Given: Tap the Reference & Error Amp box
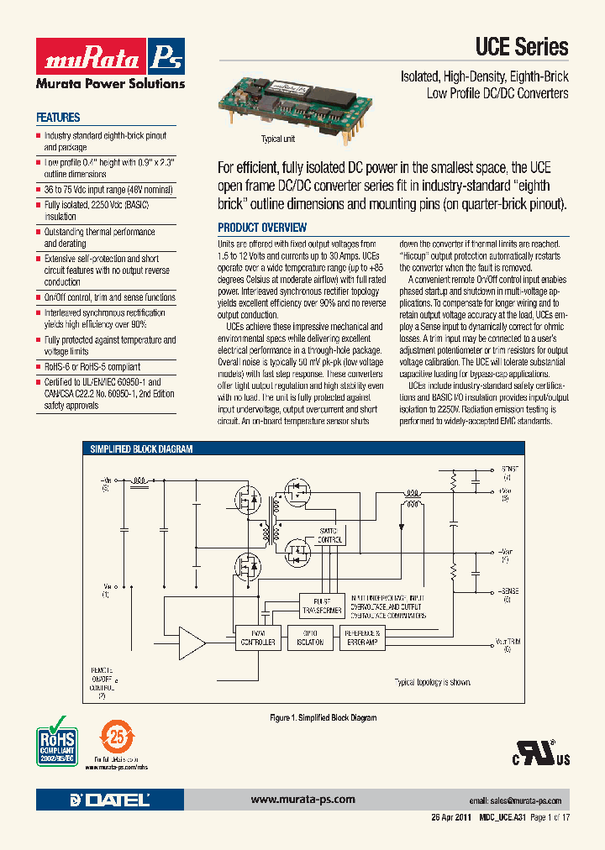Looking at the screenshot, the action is pos(363,637).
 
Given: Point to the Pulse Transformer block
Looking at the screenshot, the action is pos(322,604).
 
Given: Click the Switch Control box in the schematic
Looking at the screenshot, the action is pos(329,535).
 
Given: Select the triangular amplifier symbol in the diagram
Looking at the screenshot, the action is pos(193,644).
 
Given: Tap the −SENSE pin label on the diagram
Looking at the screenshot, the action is pos(507,594).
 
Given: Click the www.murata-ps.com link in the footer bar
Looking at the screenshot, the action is pos(302,800).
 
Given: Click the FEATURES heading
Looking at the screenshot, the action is pos(58,118).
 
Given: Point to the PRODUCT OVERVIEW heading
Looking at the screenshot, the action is pos(262,228).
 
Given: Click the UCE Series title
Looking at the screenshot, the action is pos(522,48).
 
